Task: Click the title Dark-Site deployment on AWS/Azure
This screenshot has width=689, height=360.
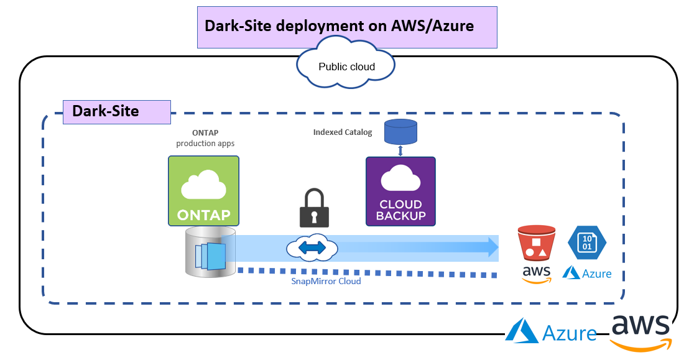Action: [340, 26]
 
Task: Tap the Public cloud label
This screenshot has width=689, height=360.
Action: [347, 67]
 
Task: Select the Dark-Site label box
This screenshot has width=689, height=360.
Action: [117, 112]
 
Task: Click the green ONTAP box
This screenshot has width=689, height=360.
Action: [203, 191]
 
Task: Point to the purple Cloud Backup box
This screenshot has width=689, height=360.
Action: [400, 192]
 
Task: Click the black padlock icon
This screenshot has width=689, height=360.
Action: [314, 208]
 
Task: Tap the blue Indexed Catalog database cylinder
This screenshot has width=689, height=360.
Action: [400, 132]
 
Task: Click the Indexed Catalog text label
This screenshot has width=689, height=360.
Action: [342, 132]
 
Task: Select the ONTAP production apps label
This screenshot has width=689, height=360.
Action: [205, 138]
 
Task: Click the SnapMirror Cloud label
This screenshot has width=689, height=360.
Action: [326, 281]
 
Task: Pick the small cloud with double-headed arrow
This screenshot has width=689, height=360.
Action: [312, 248]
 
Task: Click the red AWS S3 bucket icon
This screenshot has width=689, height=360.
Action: [536, 243]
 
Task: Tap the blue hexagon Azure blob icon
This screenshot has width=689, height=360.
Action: [587, 242]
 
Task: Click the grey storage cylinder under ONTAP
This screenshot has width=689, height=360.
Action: [210, 252]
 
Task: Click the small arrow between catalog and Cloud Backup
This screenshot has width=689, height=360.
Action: [400, 150]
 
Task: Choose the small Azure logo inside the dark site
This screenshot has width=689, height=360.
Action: [587, 273]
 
